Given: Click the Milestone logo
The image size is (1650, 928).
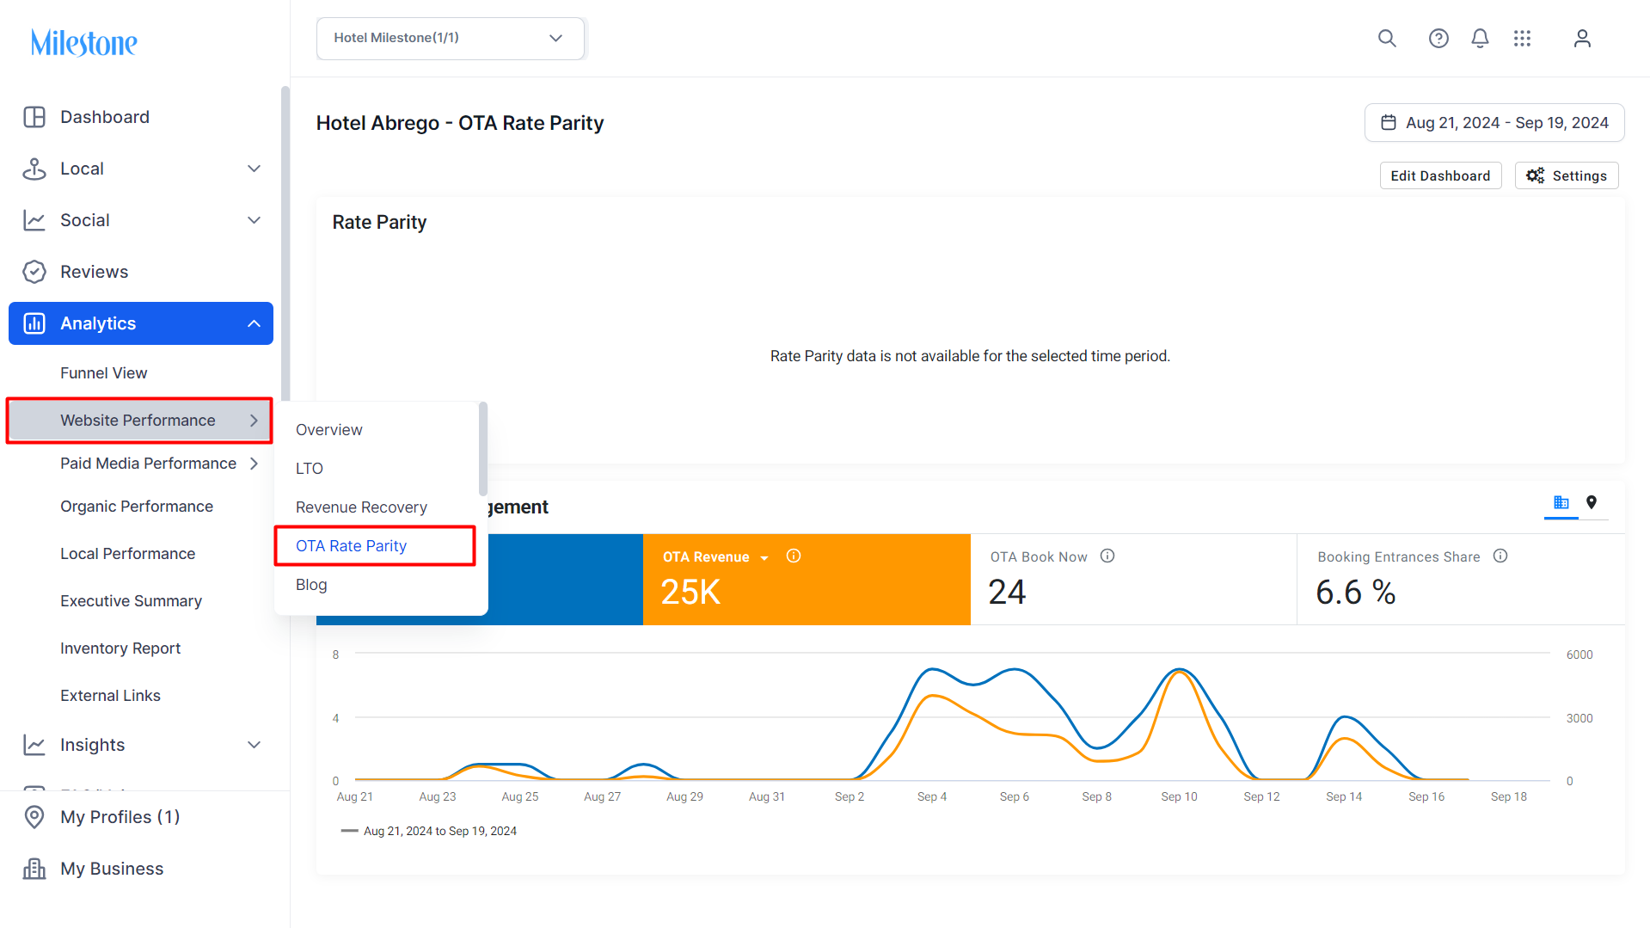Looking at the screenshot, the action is point(84,42).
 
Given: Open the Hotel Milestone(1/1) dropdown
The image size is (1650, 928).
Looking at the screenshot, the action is point(451,39).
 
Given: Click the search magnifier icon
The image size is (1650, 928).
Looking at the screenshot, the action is point(1387,39).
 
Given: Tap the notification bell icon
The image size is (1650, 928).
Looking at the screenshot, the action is point(1480,39).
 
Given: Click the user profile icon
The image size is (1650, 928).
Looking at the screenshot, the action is point(1582,39).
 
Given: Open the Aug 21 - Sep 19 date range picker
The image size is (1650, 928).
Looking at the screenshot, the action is point(1494,123).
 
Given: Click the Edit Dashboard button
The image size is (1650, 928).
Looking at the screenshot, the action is point(1440,175).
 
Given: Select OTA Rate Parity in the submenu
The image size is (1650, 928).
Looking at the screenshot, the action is point(351,546).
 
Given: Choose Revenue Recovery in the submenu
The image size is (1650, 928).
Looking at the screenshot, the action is point(361,507).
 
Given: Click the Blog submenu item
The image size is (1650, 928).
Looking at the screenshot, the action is point(311,585).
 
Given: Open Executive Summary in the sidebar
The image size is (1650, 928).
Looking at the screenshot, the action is point(131,601).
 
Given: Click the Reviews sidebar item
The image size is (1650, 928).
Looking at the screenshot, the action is point(94,272).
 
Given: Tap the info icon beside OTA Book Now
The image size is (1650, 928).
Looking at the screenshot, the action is point(1107,556).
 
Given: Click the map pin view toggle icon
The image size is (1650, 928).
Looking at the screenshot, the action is point(1592,503).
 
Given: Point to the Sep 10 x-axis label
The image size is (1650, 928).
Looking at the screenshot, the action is point(1179,797).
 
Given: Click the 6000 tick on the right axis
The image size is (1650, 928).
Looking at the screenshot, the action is point(1579,655).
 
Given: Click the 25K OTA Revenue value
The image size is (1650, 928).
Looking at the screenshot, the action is point(690,593).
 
